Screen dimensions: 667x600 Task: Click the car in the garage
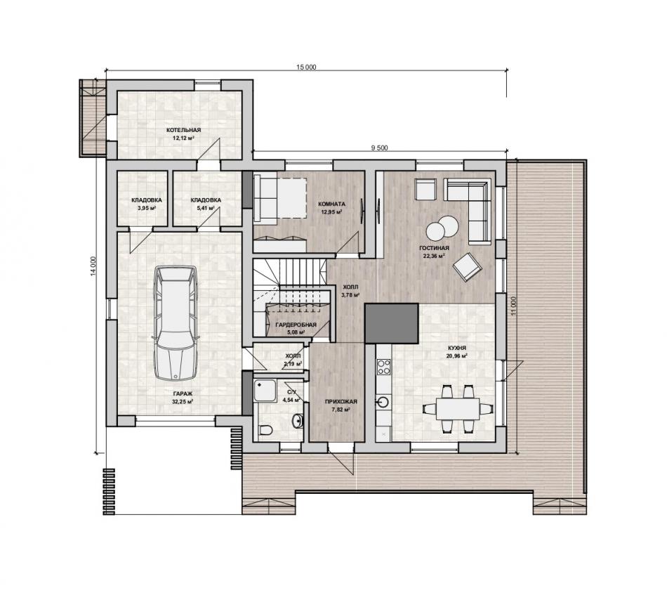[x=176, y=323]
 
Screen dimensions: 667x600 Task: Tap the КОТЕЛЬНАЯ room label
[x=183, y=130]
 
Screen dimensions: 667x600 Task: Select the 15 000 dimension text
[x=306, y=67]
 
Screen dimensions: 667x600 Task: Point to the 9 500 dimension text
[x=379, y=148]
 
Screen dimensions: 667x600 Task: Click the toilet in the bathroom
[x=265, y=430]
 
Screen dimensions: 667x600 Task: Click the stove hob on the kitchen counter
[x=383, y=367]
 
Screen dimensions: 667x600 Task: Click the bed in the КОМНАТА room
[x=280, y=198]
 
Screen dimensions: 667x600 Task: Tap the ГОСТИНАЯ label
[x=434, y=248]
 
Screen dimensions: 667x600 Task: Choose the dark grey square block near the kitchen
[x=391, y=323]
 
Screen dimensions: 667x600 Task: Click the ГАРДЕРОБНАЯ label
[x=296, y=325]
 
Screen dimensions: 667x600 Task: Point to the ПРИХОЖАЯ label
[x=341, y=401]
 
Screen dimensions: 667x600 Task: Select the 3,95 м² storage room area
[x=147, y=209]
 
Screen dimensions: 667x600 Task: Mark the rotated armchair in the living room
[x=467, y=267]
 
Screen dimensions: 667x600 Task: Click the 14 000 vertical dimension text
[x=93, y=266]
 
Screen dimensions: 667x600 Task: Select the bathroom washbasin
[x=298, y=421]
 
